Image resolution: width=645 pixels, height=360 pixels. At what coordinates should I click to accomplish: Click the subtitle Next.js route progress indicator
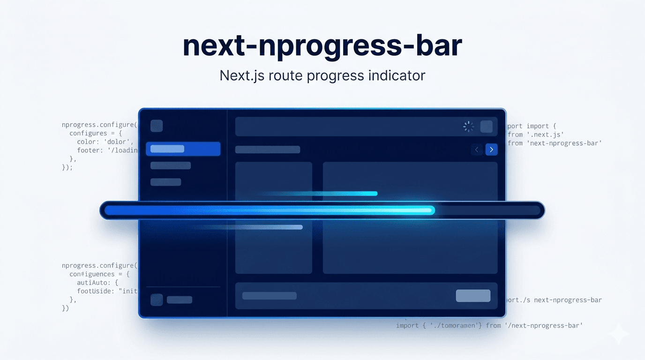(322, 75)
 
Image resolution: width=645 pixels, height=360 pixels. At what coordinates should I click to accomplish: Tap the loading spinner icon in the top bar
(468, 127)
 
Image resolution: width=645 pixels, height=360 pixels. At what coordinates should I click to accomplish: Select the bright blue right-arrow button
(491, 150)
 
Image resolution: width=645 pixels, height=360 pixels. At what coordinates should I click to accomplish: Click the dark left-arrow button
(477, 150)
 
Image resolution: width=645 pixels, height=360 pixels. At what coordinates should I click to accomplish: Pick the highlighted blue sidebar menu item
(183, 149)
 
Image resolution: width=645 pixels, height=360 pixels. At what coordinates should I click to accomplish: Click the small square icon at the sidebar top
(157, 126)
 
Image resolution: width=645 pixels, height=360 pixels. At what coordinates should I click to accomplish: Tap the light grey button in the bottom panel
(473, 295)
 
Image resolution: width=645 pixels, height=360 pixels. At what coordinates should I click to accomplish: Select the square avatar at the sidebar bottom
(157, 300)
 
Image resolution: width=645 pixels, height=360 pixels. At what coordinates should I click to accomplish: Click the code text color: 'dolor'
(105, 142)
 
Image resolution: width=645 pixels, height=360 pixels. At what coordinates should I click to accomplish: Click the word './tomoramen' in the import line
(453, 325)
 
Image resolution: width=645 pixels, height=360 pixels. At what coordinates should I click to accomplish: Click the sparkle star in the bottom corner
(618, 333)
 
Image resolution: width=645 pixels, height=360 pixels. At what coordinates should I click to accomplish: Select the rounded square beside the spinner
(487, 127)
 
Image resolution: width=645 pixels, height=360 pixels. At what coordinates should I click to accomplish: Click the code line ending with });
(67, 167)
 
